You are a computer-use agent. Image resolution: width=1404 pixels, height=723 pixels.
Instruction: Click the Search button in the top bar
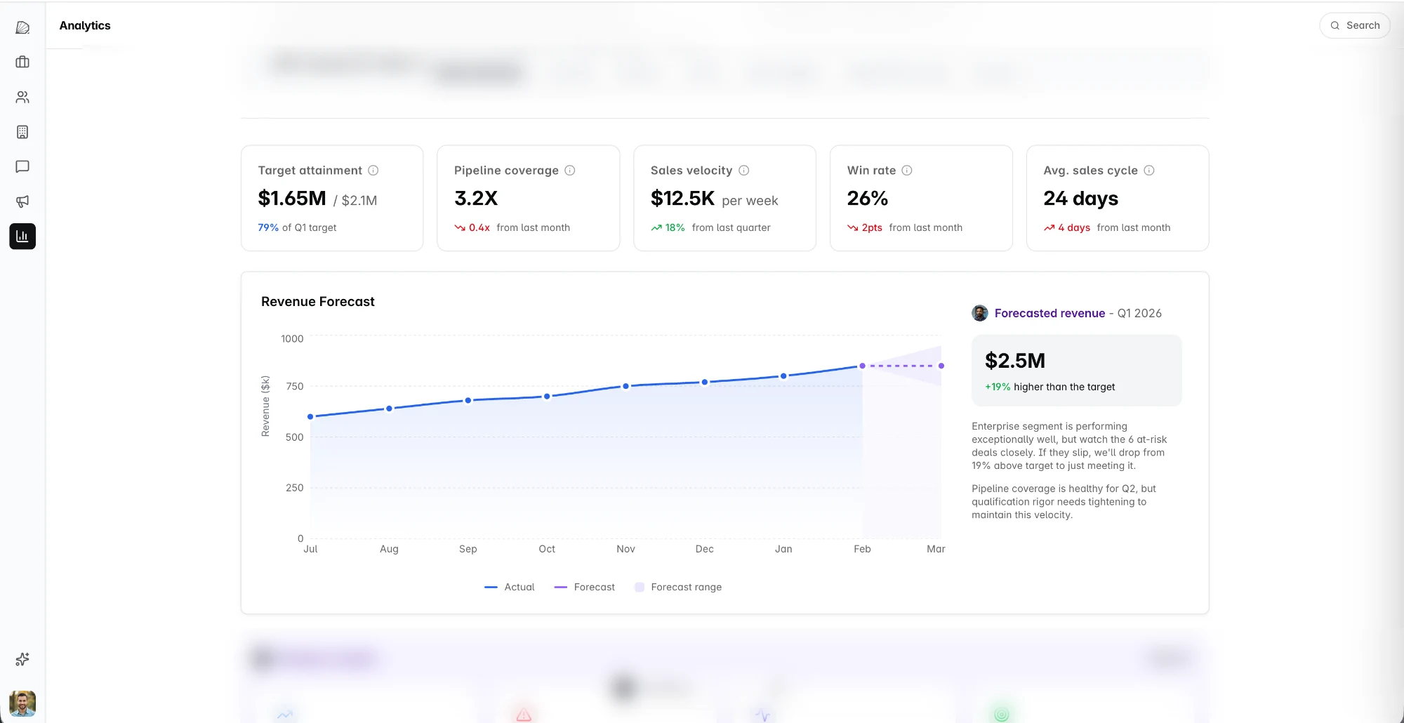tap(1355, 25)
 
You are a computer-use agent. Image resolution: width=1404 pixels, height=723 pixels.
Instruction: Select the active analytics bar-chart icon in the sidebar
tap(22, 237)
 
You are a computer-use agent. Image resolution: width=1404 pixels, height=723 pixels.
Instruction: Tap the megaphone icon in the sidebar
tap(22, 201)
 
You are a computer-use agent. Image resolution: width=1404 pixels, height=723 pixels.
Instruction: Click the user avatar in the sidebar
tap(22, 703)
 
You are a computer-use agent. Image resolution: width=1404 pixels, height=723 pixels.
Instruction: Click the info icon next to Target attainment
tap(373, 171)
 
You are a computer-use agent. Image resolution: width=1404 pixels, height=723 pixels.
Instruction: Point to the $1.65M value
tap(292, 199)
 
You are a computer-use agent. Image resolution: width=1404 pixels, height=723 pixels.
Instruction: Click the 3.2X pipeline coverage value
tap(476, 199)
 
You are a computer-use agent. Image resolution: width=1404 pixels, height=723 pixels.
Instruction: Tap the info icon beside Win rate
tap(907, 171)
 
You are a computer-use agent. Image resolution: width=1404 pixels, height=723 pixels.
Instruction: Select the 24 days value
tap(1080, 199)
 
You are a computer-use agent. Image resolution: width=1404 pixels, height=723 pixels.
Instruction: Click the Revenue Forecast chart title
tap(317, 302)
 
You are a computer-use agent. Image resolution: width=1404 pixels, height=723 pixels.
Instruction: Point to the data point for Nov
tap(625, 386)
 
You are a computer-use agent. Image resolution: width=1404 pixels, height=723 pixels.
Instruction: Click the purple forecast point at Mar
tap(941, 366)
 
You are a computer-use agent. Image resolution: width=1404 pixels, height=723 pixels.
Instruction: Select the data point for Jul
tap(310, 417)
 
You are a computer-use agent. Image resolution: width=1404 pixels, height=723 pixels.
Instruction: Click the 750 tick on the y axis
tap(294, 386)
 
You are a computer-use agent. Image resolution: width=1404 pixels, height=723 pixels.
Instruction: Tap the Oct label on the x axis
tap(547, 549)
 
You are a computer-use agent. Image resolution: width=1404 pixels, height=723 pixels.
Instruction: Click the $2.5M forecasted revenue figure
tap(1014, 361)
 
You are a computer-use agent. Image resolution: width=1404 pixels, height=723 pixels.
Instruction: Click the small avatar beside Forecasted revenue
tap(980, 313)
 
